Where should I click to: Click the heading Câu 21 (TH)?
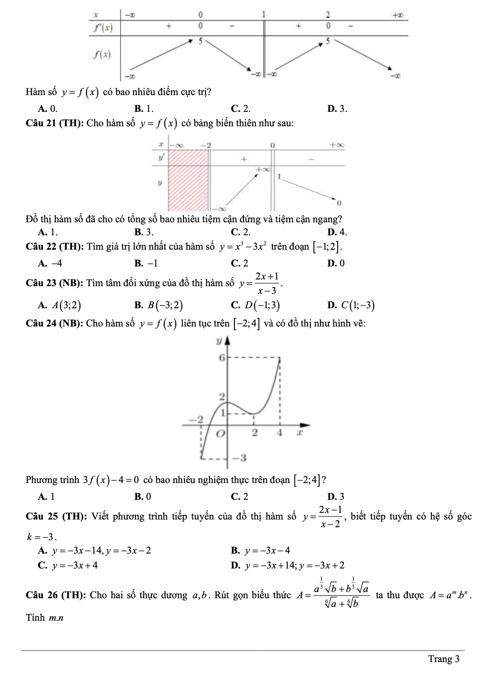coord(55,123)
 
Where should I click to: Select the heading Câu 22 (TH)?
coord(55,247)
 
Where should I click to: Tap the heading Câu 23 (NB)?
coord(55,283)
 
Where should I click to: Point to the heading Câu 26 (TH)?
coord(56,595)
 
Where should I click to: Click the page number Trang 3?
coord(443,659)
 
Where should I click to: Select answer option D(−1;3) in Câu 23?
coord(262,305)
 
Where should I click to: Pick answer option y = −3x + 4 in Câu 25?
coord(75,565)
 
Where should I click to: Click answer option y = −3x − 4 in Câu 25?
coord(267,551)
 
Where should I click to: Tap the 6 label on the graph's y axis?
coord(221,358)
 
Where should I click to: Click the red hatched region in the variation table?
coord(188,180)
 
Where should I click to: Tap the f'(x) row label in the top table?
coord(103,28)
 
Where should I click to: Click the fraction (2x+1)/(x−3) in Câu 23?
coord(267,283)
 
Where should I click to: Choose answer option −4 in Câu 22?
coord(57,263)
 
